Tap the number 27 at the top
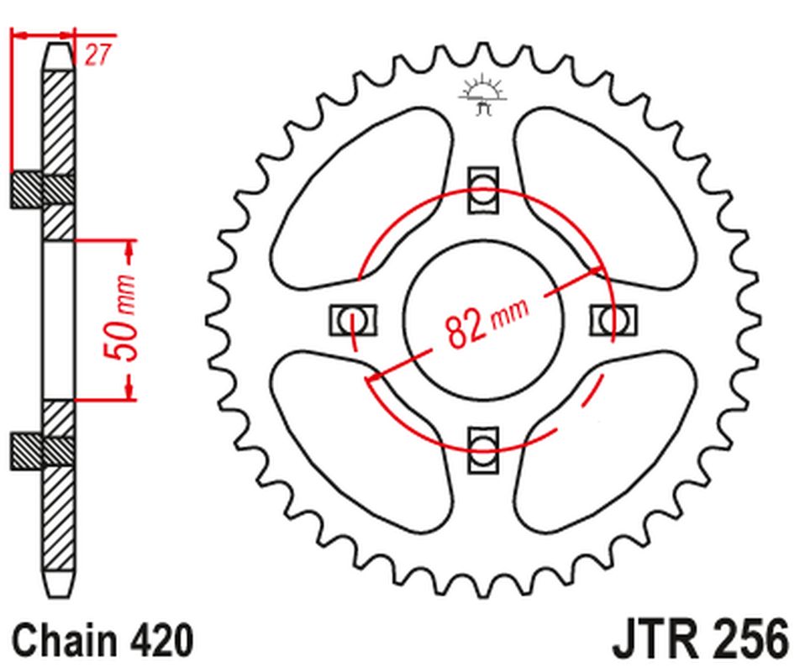click(x=98, y=55)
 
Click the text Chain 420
click(x=103, y=640)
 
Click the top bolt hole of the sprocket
click(x=483, y=186)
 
